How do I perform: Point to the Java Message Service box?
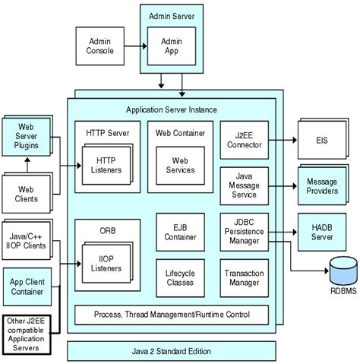click(242, 186)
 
